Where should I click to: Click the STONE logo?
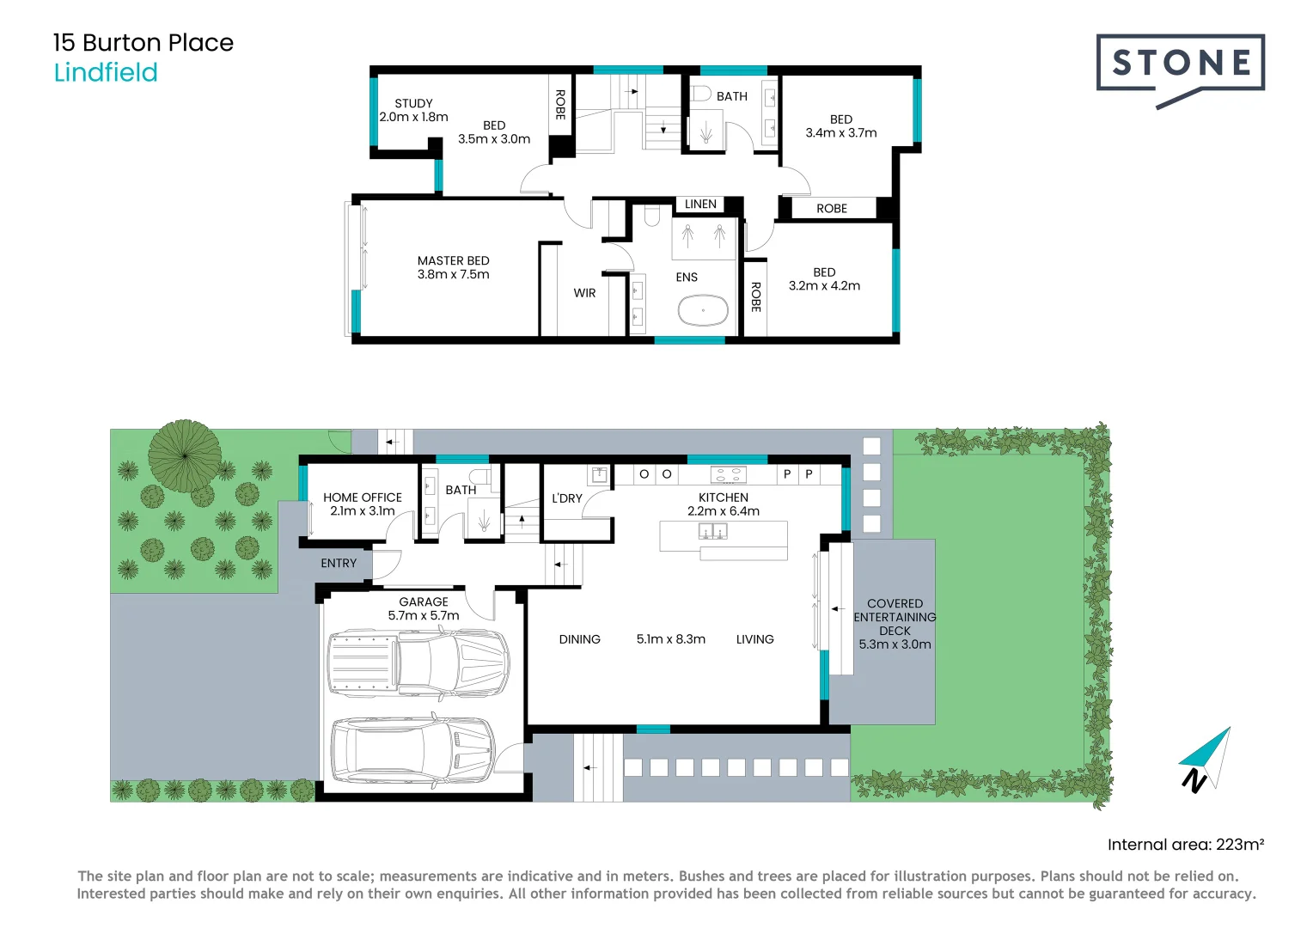[x=1180, y=64]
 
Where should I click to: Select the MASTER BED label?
[x=453, y=261]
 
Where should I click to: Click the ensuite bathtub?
[x=703, y=310]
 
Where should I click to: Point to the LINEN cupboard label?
[x=700, y=205]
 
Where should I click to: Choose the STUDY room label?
[x=413, y=103]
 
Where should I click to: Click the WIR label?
[x=584, y=293]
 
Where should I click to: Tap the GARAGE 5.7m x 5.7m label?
[x=424, y=608]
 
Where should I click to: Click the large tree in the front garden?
[x=185, y=455]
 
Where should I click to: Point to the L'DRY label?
[x=567, y=498]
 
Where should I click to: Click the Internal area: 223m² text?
[x=1185, y=845]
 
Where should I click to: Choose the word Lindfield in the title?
[x=106, y=73]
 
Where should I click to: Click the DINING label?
[x=579, y=639]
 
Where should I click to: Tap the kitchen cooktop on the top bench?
[x=728, y=474]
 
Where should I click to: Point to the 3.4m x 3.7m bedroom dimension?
[x=840, y=133]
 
